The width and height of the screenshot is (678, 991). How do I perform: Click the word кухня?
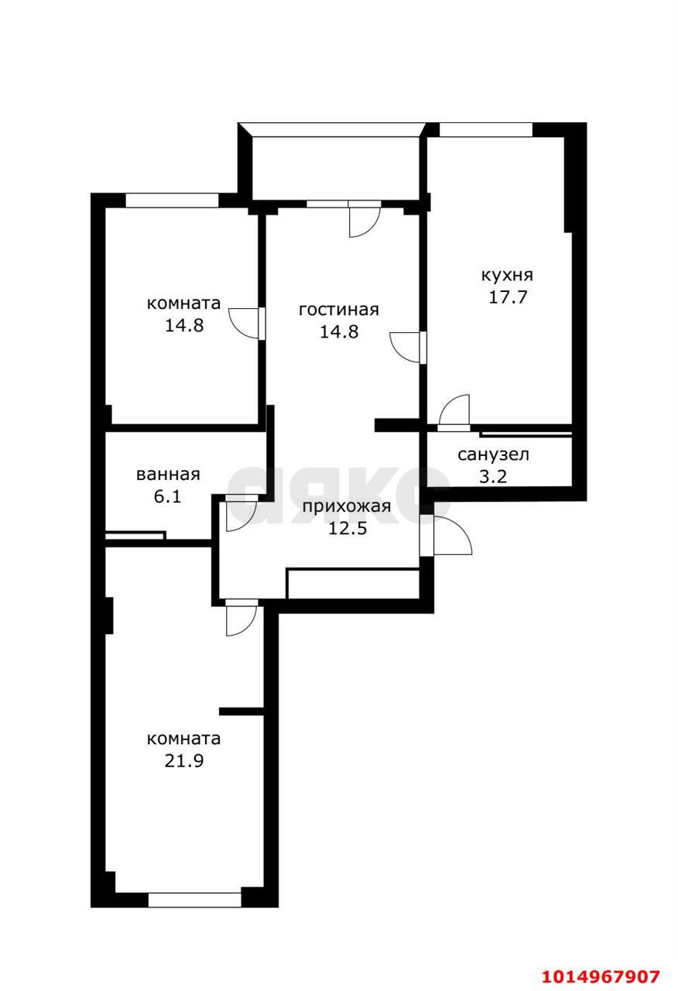tap(507, 276)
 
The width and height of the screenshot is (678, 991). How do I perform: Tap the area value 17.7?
tap(508, 297)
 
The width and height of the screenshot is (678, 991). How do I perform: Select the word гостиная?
tap(339, 310)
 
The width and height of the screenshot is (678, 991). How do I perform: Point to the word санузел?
tap(493, 454)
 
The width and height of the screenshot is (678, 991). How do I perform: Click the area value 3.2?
tap(493, 476)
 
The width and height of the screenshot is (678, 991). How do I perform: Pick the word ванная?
tap(168, 475)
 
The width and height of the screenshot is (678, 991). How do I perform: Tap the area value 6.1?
tap(168, 496)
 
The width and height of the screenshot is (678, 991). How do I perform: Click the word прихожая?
tap(347, 507)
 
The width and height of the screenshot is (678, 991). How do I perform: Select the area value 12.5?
tap(348, 528)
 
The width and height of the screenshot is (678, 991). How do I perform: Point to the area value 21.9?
tap(184, 761)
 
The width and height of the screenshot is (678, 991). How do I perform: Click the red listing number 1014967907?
tap(601, 976)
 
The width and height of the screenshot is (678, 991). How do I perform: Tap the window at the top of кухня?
tap(485, 129)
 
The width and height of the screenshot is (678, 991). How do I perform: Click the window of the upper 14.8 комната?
tap(172, 201)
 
